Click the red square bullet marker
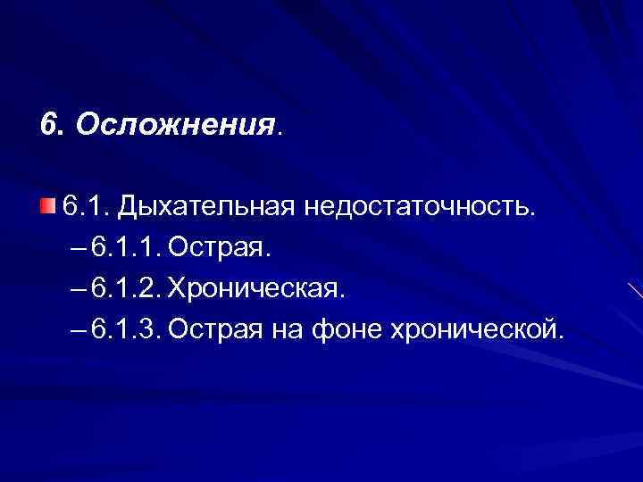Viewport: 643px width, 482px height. (x=46, y=207)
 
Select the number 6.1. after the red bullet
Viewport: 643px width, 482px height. (x=84, y=207)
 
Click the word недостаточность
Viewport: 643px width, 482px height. (x=422, y=207)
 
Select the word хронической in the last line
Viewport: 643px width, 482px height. (x=478, y=331)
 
